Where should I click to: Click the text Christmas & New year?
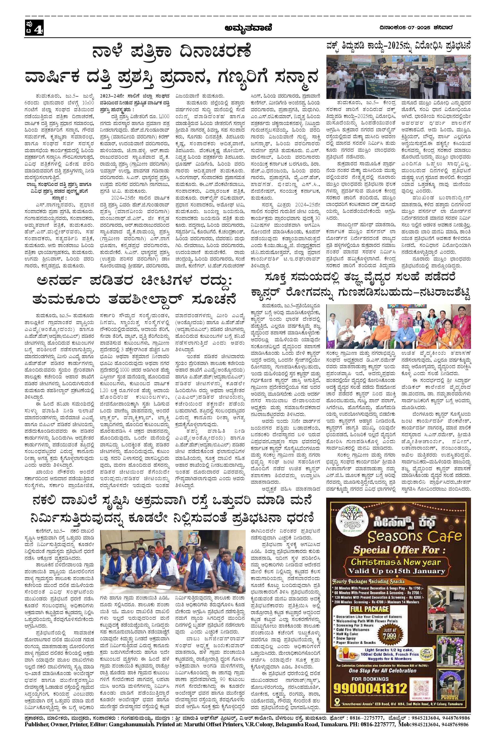[396, 562]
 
